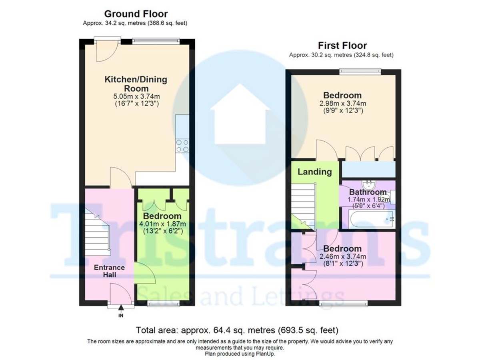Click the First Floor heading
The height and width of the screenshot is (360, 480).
tap(342, 45)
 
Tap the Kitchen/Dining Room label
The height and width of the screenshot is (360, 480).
tap(136, 84)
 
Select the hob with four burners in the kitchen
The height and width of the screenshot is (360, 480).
tap(183, 145)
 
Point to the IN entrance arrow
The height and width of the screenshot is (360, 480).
tap(121, 312)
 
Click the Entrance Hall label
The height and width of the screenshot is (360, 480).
tap(109, 271)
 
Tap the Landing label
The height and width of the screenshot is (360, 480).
tap(315, 172)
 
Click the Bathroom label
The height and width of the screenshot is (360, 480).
tap(368, 192)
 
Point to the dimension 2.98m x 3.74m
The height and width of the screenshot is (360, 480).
tap(342, 104)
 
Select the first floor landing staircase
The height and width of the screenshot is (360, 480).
tap(304, 206)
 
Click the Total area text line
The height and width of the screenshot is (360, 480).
tap(237, 330)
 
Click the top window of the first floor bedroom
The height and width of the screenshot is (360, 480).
tap(360, 71)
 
